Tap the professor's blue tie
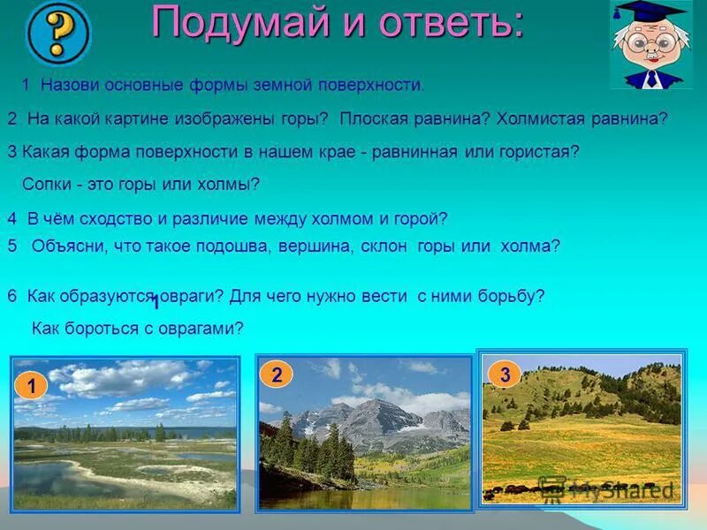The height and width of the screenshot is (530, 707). [651, 78]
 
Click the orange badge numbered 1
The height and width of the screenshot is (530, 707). [32, 386]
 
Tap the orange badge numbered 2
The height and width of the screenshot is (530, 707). [277, 375]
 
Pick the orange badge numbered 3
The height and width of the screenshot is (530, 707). [505, 375]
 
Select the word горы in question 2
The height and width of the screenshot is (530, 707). [307, 118]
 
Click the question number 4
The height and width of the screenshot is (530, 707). [11, 218]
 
